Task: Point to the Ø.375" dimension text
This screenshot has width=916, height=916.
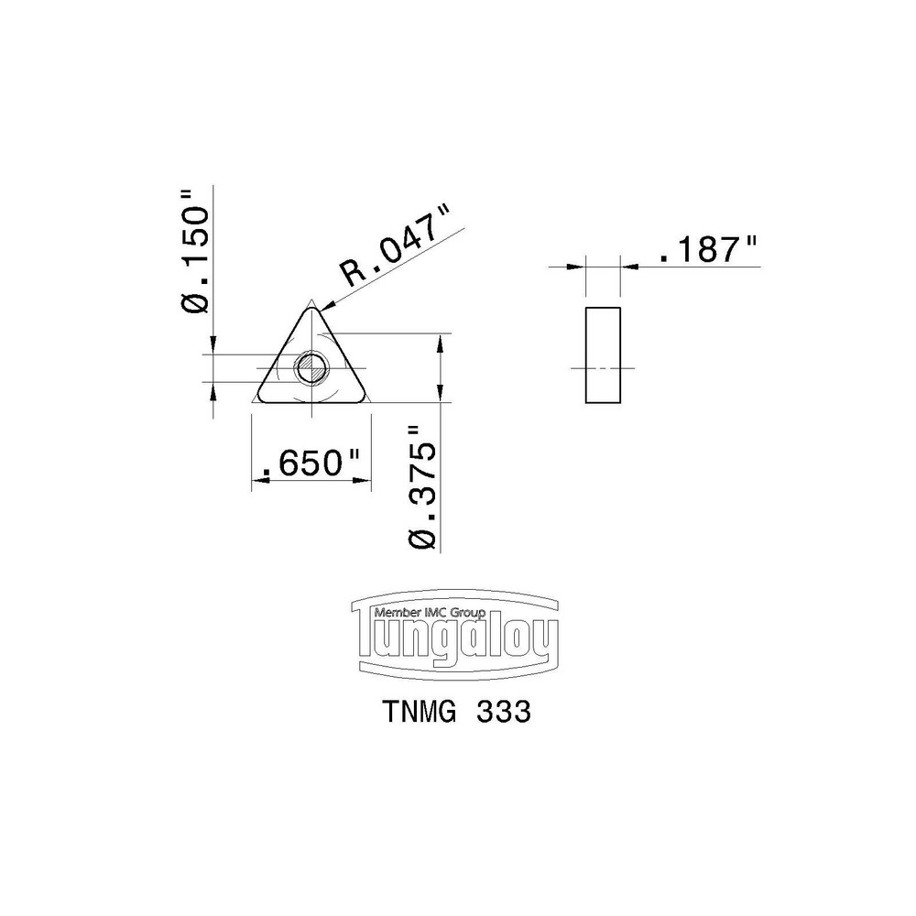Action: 423,488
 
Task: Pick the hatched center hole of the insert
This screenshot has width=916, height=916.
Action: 311,368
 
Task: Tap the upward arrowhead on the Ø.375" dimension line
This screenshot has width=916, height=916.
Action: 441,341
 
